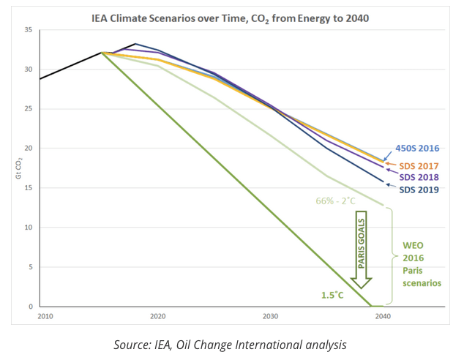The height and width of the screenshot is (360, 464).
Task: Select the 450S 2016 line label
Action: pyautogui.click(x=419, y=149)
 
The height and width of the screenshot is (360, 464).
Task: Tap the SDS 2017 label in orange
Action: pyautogui.click(x=419, y=165)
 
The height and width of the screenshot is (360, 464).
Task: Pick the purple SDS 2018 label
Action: pyautogui.click(x=419, y=177)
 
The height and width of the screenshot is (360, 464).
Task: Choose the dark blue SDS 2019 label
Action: pyautogui.click(x=419, y=190)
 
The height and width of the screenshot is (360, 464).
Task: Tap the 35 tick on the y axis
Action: pyautogui.click(x=28, y=30)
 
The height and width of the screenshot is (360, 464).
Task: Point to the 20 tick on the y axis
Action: pyautogui.click(x=28, y=149)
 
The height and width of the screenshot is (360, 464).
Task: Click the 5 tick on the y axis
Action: pyautogui.click(x=30, y=267)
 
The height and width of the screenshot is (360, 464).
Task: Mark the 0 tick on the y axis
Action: pyautogui.click(x=30, y=307)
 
